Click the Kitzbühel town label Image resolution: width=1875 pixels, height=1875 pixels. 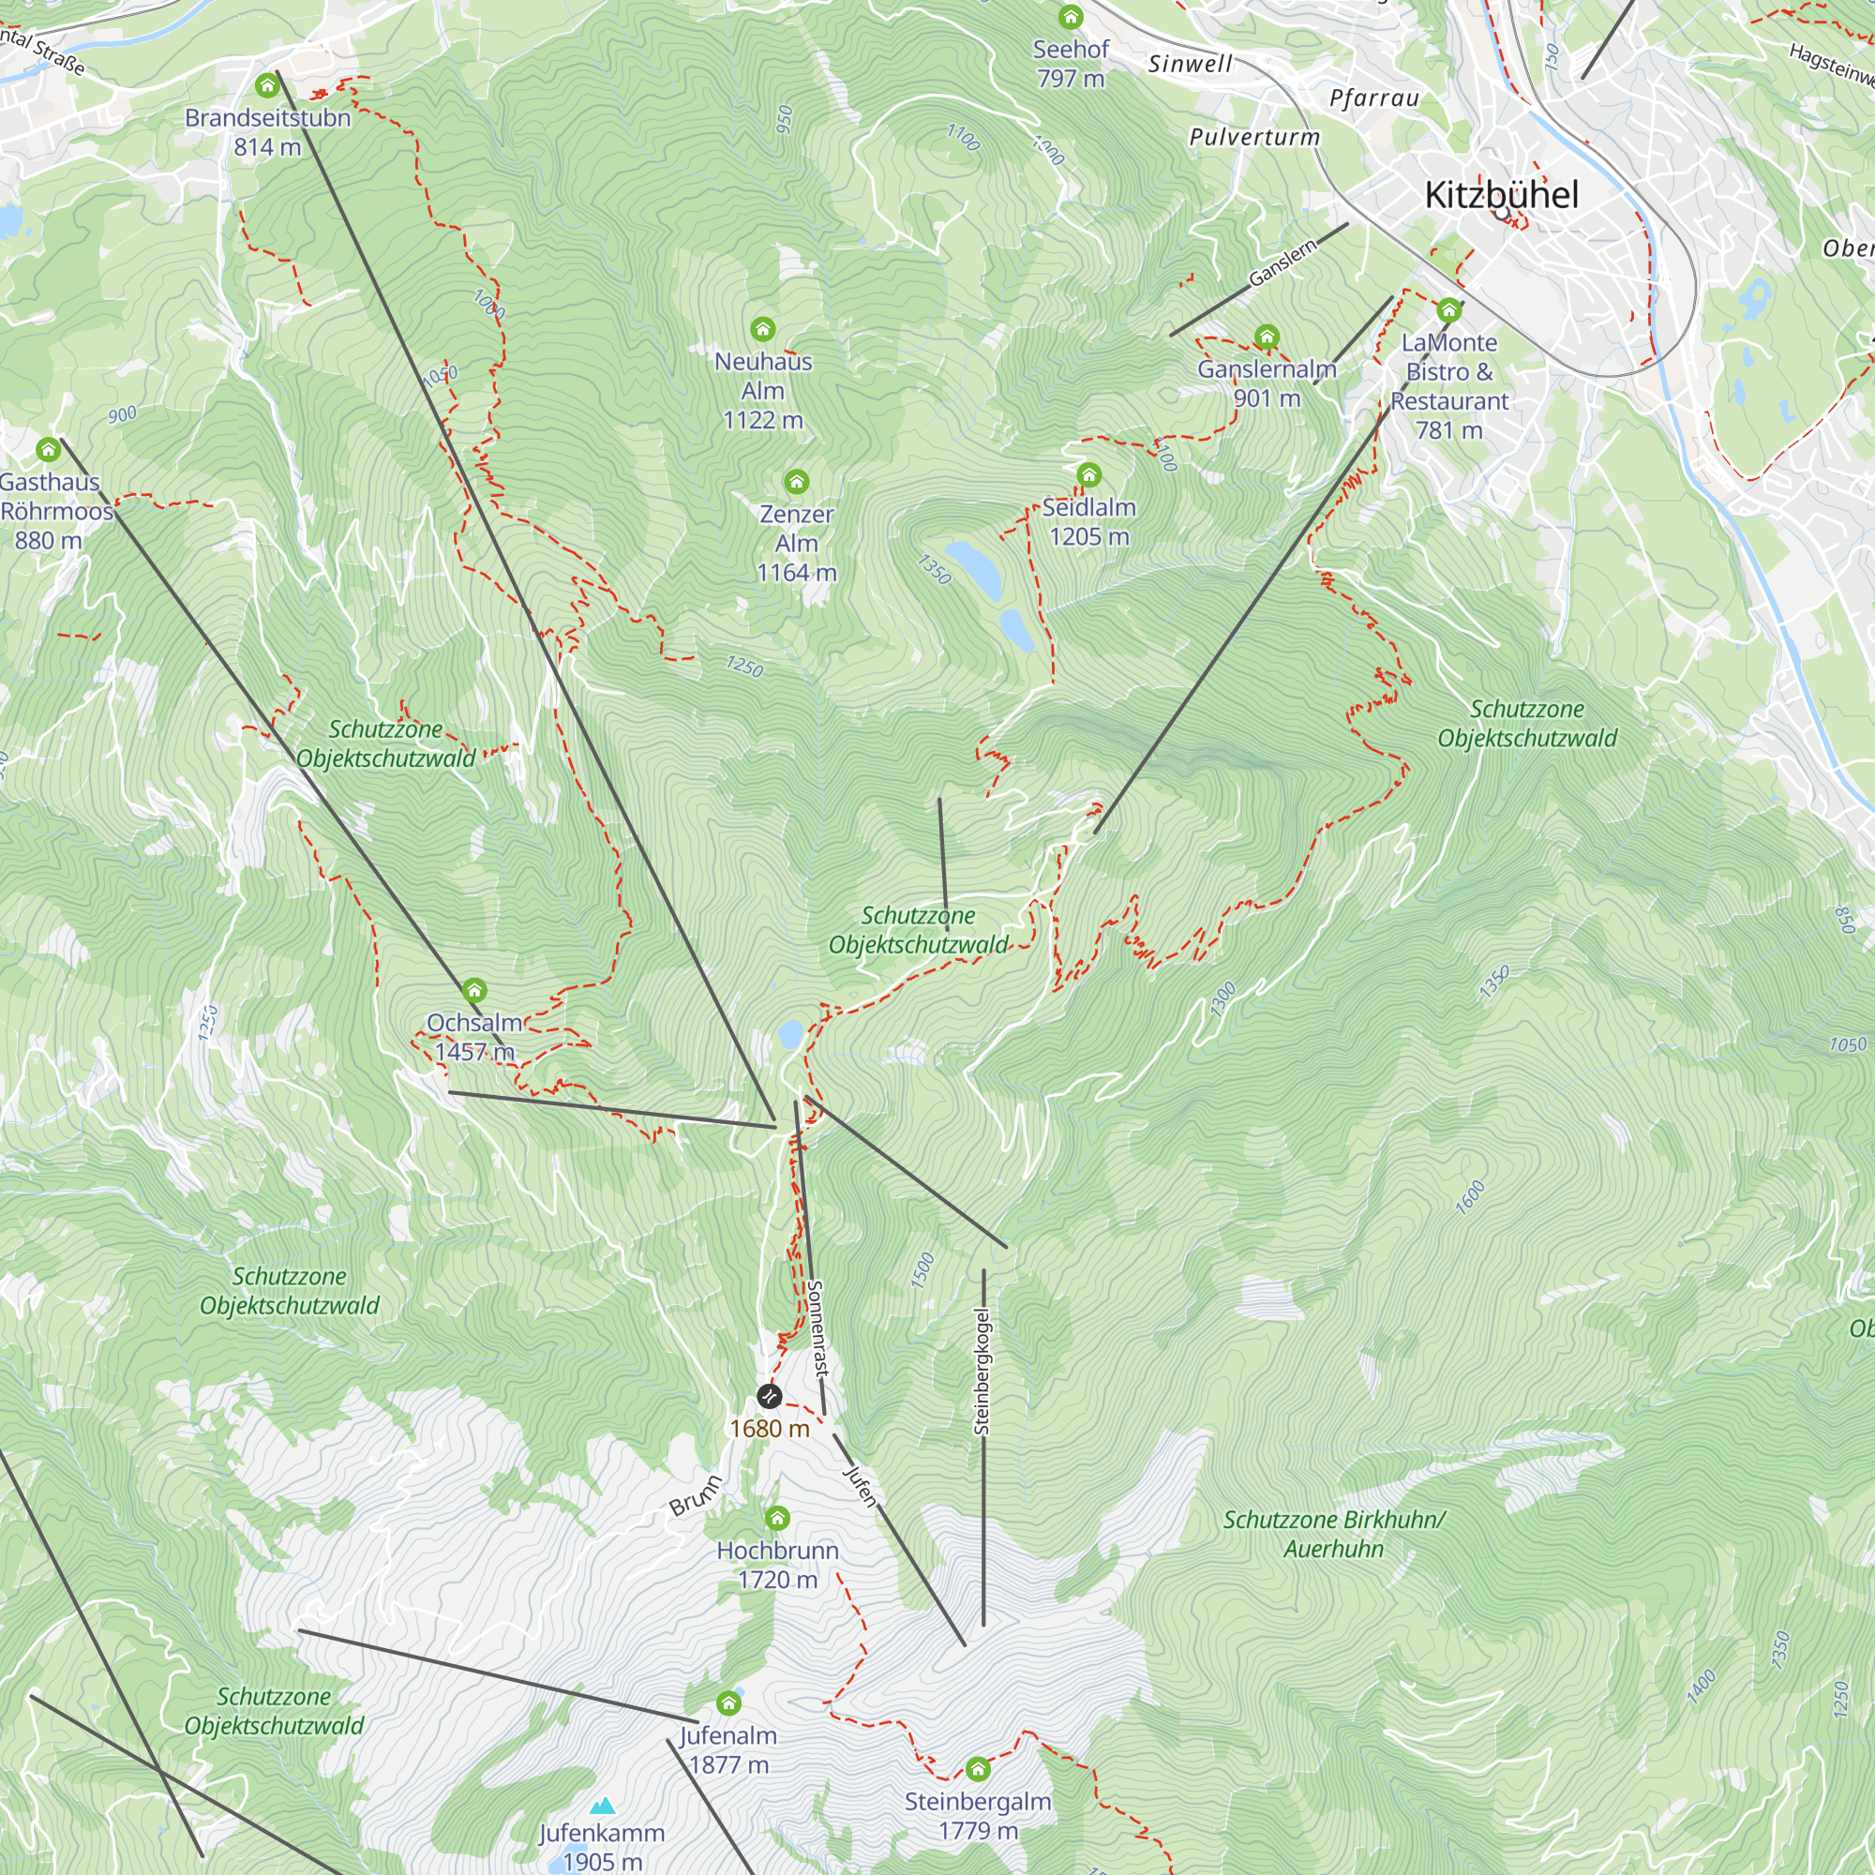[1501, 195]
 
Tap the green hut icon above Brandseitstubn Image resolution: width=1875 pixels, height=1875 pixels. [267, 86]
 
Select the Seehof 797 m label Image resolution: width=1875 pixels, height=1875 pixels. [1071, 63]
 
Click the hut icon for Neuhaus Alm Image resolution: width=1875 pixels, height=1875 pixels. [763, 329]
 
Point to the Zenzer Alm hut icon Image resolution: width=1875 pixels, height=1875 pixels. [797, 481]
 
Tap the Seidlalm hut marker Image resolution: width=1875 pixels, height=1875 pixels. [1088, 474]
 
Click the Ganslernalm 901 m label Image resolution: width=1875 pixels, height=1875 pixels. [1267, 383]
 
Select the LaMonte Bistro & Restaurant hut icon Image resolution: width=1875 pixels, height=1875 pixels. [1449, 310]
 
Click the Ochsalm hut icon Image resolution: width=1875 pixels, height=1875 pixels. [473, 990]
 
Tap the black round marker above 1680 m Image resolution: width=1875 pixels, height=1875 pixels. [769, 1397]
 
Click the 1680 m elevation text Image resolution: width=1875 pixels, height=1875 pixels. [770, 1429]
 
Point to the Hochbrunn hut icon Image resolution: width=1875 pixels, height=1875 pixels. [777, 1518]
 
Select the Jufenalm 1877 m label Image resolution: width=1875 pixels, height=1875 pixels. [727, 1749]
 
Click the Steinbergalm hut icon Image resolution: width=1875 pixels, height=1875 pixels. [978, 1769]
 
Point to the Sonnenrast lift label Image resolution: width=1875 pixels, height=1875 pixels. [817, 1327]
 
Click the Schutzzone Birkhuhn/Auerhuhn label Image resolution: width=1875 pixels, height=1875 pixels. [1333, 1535]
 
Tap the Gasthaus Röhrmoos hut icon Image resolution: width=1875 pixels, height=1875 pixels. [49, 449]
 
